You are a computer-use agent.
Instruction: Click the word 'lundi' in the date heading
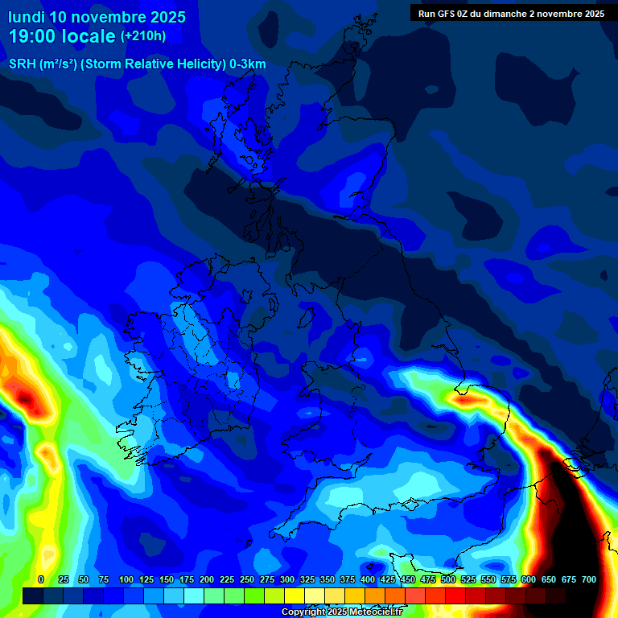tap(27, 17)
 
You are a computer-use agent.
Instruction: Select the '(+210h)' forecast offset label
tap(143, 36)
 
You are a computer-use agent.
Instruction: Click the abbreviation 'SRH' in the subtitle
tap(23, 64)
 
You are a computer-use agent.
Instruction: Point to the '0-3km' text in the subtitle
tap(248, 64)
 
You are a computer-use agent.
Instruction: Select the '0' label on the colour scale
tap(41, 579)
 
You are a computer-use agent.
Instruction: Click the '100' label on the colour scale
tap(126, 579)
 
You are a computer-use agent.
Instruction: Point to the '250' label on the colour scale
tap(247, 579)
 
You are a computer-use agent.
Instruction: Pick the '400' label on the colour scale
tap(368, 579)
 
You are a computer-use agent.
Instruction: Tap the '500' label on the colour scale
tap(448, 579)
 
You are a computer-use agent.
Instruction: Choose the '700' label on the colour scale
tap(589, 579)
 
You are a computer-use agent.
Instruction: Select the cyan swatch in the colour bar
tap(193, 596)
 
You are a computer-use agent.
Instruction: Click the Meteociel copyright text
tap(341, 612)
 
